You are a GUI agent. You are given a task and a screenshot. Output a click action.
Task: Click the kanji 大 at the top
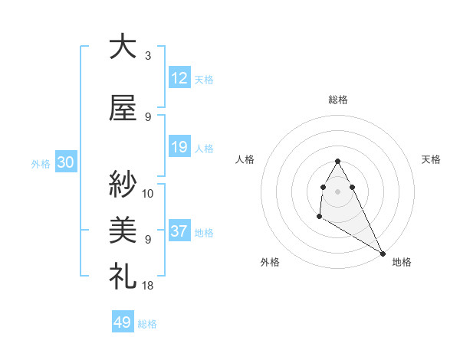coord(123,47)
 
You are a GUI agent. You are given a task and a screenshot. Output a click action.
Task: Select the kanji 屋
coord(123,107)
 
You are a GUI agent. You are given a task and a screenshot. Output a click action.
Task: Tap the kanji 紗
coord(123,183)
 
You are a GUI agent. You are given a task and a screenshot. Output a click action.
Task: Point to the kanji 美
coord(123,229)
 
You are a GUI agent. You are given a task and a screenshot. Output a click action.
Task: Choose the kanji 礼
coord(123,275)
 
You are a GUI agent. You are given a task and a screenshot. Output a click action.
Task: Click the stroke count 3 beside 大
coord(147,56)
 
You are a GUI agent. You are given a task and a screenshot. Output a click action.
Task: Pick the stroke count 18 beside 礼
coord(148,285)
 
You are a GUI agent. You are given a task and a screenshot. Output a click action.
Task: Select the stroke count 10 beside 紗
coord(148,193)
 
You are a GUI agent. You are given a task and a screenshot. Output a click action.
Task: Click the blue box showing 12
coord(179,78)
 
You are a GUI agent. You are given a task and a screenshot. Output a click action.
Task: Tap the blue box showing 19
coord(179,147)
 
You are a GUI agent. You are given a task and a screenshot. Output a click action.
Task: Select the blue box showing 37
coord(179,231)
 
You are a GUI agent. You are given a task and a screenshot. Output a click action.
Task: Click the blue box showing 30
coord(65,162)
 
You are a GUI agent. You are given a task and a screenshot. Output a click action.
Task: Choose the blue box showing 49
coord(123,322)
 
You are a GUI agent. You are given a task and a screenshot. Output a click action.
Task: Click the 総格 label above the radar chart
coord(338,100)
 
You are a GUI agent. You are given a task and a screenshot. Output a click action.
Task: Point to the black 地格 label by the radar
coord(402,262)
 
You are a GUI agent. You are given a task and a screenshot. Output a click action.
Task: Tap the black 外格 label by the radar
coord(270,262)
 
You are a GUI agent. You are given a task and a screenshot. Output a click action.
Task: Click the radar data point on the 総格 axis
coord(338,161)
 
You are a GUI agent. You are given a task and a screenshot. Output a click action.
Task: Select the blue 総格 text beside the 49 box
coord(147,324)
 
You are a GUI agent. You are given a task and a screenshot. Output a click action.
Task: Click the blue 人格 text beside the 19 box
coord(204,148)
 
